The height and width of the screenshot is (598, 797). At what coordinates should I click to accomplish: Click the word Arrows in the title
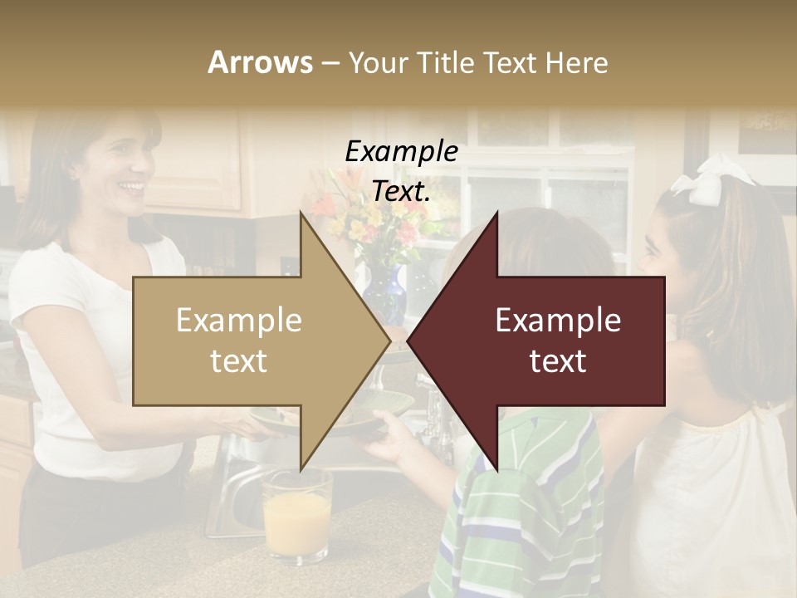(x=260, y=62)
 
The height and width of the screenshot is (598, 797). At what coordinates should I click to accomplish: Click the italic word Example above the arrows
(x=401, y=152)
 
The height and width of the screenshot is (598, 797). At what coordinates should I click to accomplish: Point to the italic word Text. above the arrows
(x=401, y=191)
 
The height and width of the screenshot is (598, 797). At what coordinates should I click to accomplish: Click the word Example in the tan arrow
(x=239, y=321)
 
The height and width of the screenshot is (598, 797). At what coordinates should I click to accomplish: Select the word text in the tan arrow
(x=239, y=360)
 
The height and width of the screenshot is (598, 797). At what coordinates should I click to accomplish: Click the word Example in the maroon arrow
(x=558, y=321)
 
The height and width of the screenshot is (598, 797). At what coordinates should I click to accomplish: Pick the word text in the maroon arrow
(x=558, y=360)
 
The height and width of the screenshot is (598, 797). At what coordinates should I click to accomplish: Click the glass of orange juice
(x=296, y=515)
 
